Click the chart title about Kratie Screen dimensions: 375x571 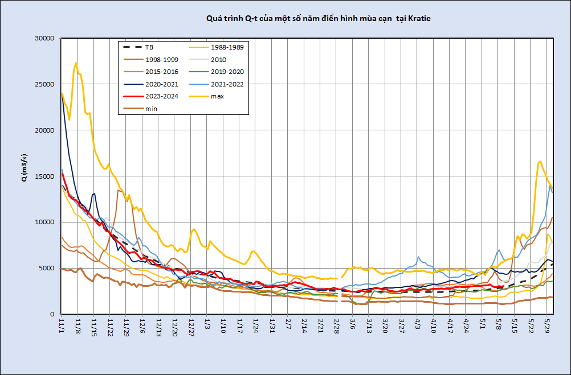click(x=319, y=19)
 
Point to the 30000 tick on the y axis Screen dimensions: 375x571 click(x=44, y=38)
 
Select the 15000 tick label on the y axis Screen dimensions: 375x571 click(x=44, y=176)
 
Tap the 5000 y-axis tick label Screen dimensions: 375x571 click(x=46, y=268)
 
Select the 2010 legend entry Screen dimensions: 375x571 click(x=218, y=60)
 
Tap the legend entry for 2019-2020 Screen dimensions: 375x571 click(x=226, y=72)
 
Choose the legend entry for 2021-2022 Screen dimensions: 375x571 click(x=226, y=84)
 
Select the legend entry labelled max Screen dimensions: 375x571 click(x=217, y=96)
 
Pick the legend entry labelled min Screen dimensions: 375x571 click(x=151, y=108)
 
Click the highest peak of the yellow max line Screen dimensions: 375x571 click(x=76, y=63)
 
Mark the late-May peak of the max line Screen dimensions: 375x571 click(x=540, y=162)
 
